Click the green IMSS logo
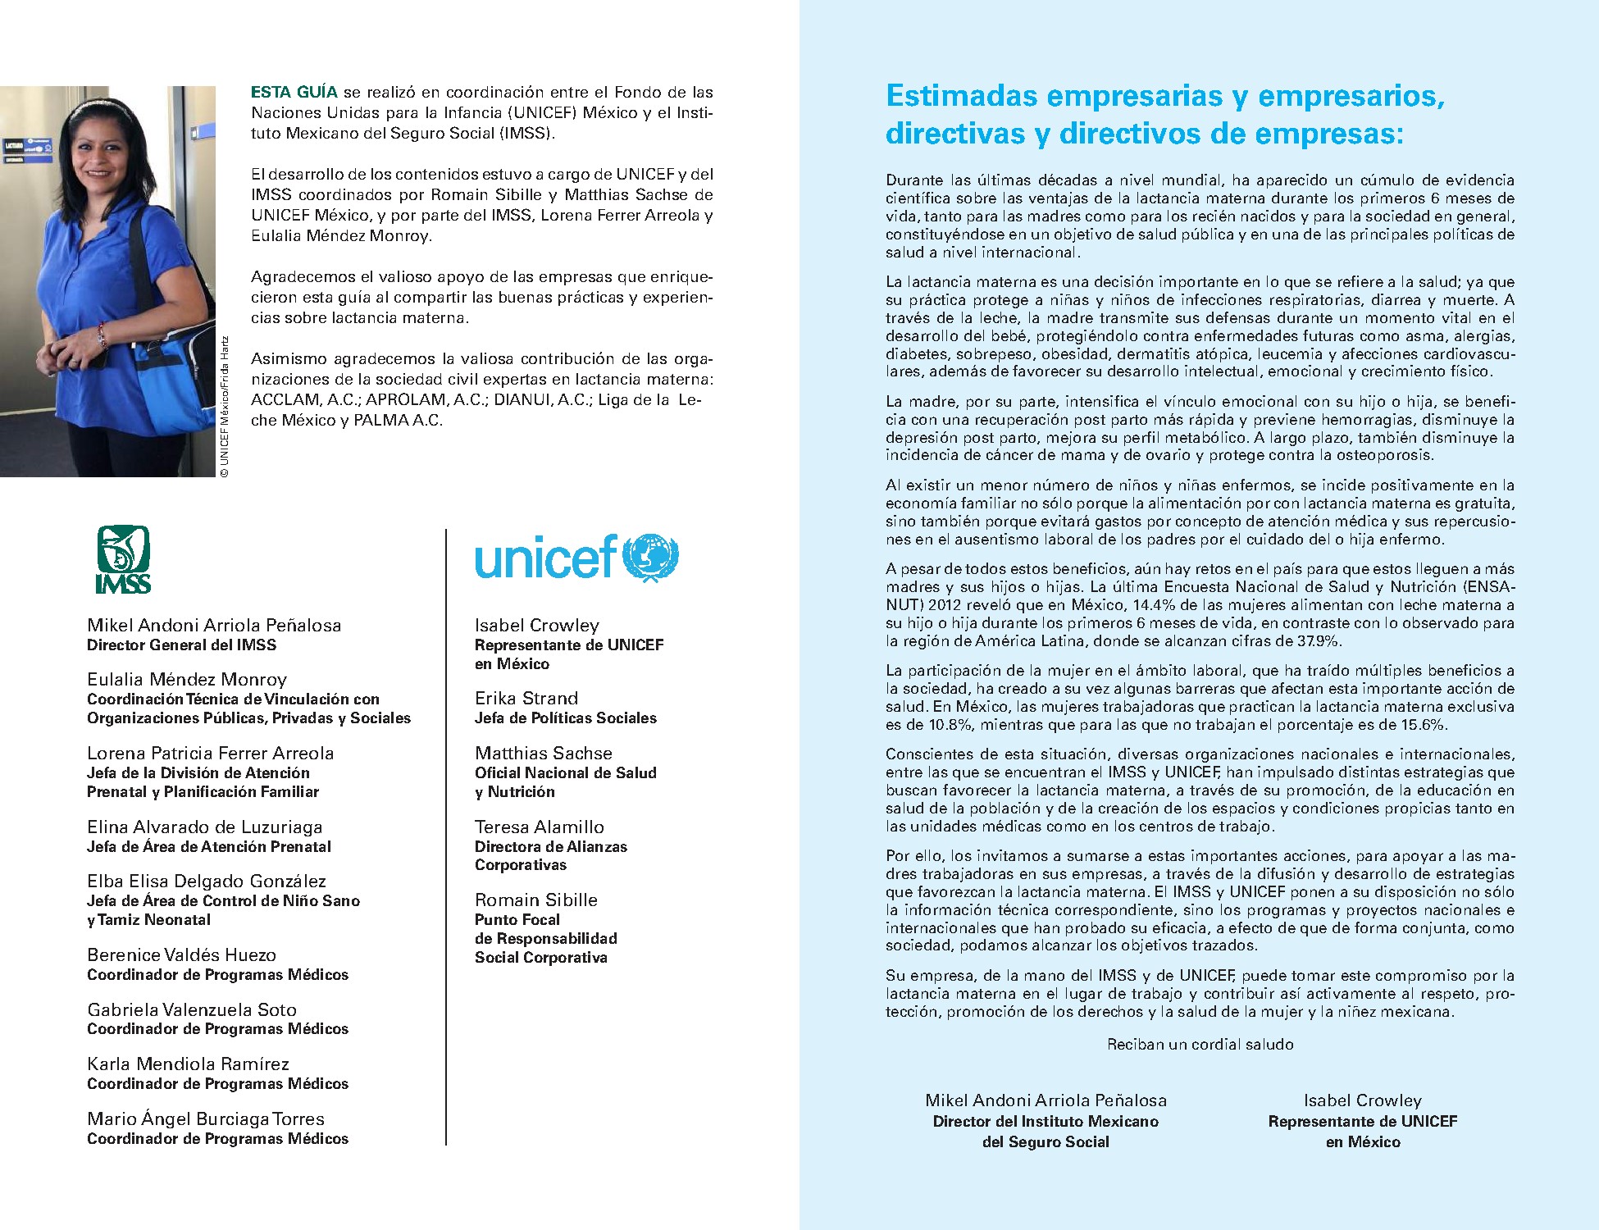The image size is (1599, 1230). pyautogui.click(x=123, y=559)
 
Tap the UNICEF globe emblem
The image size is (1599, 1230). pyautogui.click(x=650, y=558)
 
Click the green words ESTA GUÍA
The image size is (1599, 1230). pyautogui.click(x=294, y=92)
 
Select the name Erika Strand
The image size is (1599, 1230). pyautogui.click(x=526, y=698)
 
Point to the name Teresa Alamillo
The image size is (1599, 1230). pyautogui.click(x=539, y=827)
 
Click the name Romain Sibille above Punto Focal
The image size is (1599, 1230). pyautogui.click(x=535, y=900)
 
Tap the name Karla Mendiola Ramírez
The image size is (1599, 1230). pyautogui.click(x=188, y=1064)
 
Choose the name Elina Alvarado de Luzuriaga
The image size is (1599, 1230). pyautogui.click(x=204, y=827)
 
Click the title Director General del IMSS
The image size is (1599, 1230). pyautogui.click(x=181, y=645)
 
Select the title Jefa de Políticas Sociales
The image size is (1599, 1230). pyautogui.click(x=565, y=717)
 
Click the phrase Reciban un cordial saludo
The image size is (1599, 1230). pyautogui.click(x=1200, y=1044)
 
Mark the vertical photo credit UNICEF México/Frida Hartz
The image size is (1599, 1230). pyautogui.click(x=225, y=406)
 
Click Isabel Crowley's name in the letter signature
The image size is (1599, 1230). pyautogui.click(x=1362, y=1100)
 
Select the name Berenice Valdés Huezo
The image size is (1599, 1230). pyautogui.click(x=181, y=954)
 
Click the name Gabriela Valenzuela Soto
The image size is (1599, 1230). pyautogui.click(x=192, y=1009)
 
